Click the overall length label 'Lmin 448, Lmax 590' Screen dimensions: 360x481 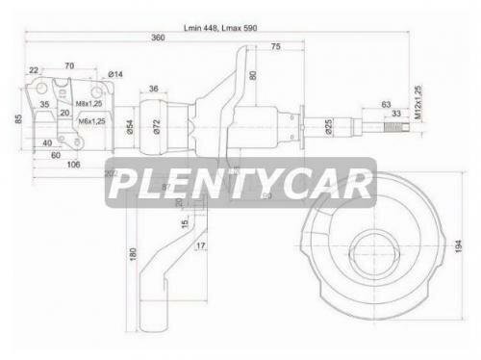(223, 28)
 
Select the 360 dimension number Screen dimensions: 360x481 (157, 39)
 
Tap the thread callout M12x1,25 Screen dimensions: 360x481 (418, 101)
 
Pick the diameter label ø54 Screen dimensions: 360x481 (129, 126)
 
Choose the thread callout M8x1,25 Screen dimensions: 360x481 (90, 103)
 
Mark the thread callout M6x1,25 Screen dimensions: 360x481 (90, 120)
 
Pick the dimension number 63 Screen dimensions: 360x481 (386, 103)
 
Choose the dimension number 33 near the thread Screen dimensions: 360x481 (395, 114)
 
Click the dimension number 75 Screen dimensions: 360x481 (276, 47)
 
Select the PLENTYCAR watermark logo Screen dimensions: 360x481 (240, 182)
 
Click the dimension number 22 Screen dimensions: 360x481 (34, 70)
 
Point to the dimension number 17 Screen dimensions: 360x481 (200, 246)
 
